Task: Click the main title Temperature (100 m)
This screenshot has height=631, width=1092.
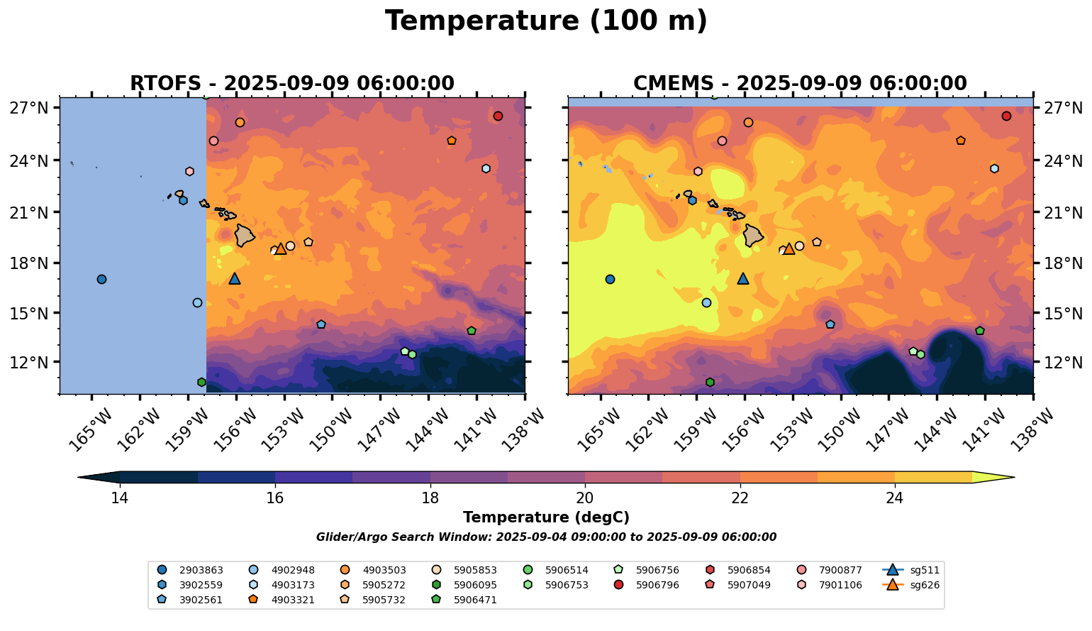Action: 546,21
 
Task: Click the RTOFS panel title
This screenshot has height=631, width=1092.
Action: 291,84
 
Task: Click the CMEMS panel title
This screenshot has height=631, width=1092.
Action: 800,84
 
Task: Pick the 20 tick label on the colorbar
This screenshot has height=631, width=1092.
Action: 585,498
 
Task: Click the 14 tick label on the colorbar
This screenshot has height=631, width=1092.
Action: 120,498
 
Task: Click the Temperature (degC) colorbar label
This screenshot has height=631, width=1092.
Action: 546,517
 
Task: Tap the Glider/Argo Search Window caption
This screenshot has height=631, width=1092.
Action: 546,537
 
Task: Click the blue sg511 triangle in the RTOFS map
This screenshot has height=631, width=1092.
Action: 235,279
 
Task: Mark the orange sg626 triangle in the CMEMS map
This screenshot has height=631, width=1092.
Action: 789,249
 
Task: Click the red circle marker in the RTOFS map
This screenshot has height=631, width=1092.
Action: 498,116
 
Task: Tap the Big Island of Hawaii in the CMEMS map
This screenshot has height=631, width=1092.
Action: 753,235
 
